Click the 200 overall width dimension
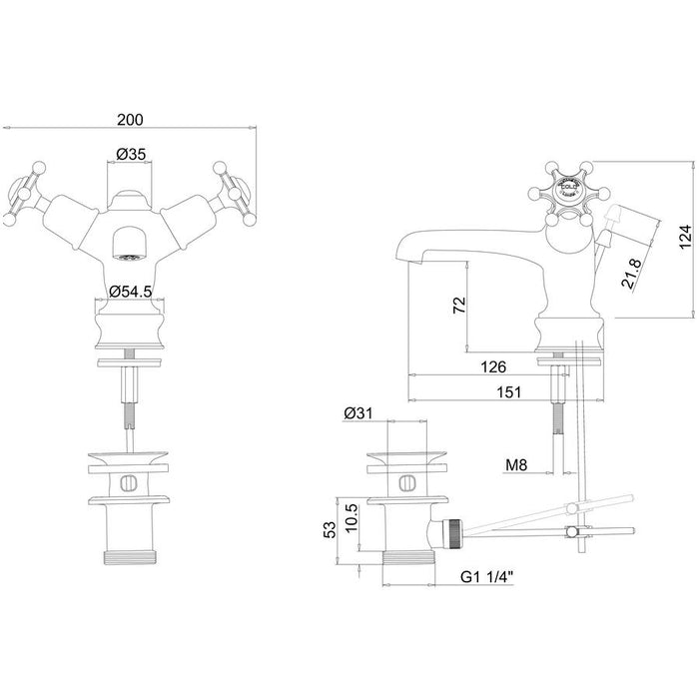130,119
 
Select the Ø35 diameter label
132,155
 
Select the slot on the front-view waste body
126,481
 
